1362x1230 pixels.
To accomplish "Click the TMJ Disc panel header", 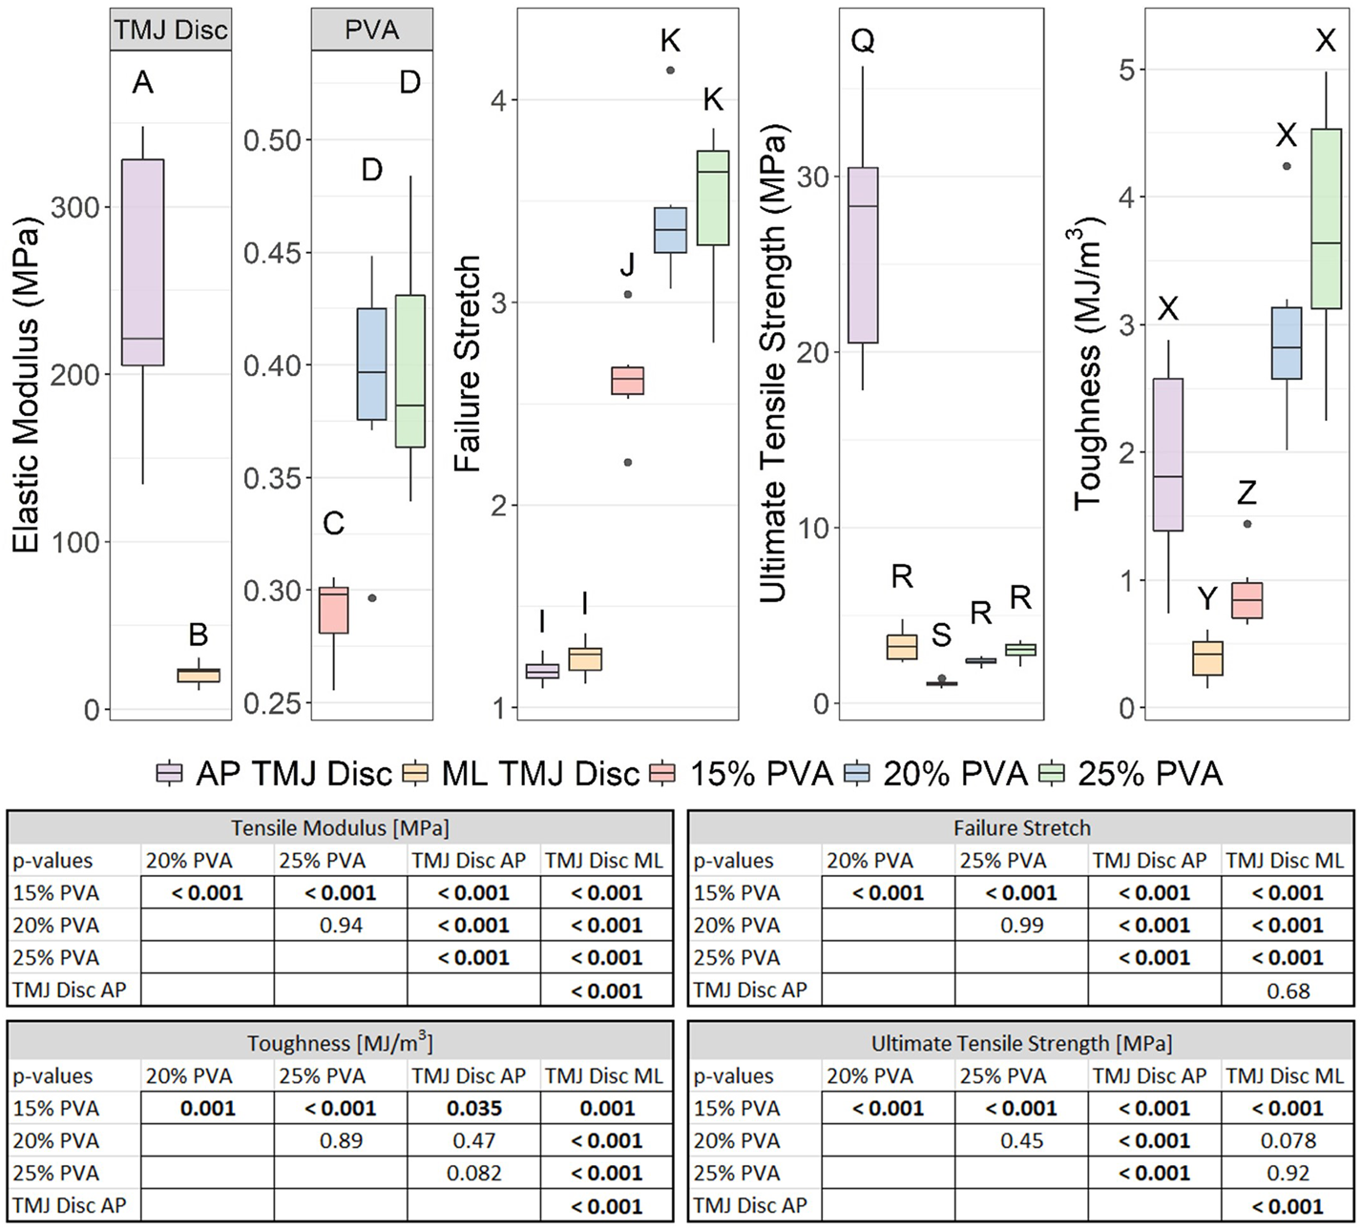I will pyautogui.click(x=171, y=30).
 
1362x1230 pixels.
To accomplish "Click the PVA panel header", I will pyautogui.click(x=371, y=30).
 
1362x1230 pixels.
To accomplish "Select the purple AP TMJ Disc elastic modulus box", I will pyautogui.click(x=142, y=261).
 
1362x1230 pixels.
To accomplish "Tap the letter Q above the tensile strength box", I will pyautogui.click(x=863, y=41).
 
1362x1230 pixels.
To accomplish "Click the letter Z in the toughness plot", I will pyautogui.click(x=1247, y=492).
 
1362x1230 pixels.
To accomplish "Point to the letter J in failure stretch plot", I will pyautogui.click(x=627, y=264).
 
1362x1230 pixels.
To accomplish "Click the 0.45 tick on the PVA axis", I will pyautogui.click(x=272, y=253).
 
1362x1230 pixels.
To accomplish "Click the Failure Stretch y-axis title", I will pyautogui.click(x=467, y=363).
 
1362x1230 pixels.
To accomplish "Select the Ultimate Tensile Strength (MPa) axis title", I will pyautogui.click(x=774, y=364).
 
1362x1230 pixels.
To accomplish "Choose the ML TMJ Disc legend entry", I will pyautogui.click(x=521, y=773).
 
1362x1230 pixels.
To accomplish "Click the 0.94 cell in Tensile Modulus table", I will pyautogui.click(x=341, y=926).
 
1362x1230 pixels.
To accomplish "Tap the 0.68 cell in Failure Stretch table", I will pyautogui.click(x=1288, y=990).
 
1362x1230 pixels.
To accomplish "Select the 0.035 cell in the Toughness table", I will pyautogui.click(x=474, y=1109).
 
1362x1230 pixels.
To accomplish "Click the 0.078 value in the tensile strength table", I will pyautogui.click(x=1288, y=1141).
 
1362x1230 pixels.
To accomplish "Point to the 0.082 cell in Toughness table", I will pyautogui.click(x=474, y=1174).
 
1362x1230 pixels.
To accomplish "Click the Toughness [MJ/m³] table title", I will pyautogui.click(x=340, y=1043).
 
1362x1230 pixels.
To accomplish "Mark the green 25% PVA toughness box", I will pyautogui.click(x=1326, y=219).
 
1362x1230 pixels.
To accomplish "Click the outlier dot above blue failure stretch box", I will pyautogui.click(x=670, y=70).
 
